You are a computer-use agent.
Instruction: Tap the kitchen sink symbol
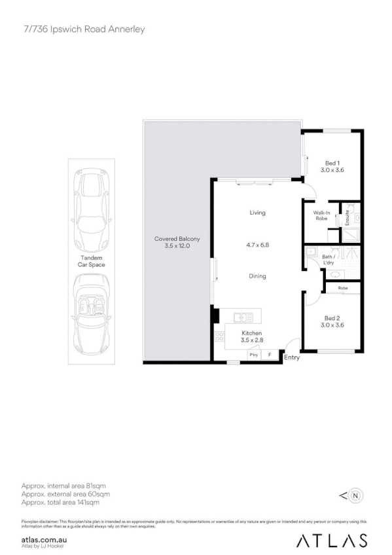click(243, 317)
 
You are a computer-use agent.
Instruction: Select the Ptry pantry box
click(253, 354)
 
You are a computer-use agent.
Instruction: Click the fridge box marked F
click(270, 354)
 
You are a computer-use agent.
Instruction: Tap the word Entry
click(291, 357)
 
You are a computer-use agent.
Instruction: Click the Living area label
click(257, 213)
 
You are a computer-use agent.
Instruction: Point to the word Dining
click(257, 276)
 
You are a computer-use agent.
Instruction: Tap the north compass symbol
click(355, 495)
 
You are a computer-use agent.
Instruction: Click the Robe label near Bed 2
click(342, 288)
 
